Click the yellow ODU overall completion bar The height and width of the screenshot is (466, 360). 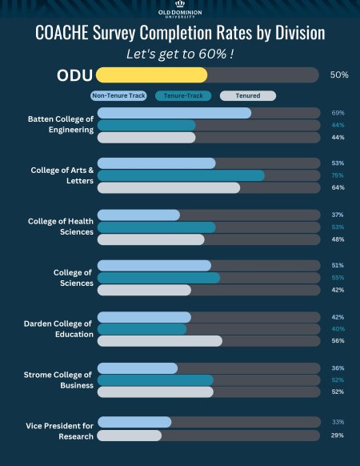tap(151, 74)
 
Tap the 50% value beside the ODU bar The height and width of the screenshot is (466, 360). tap(339, 74)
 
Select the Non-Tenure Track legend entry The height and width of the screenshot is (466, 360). tap(119, 96)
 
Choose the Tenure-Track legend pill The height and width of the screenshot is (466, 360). tap(183, 96)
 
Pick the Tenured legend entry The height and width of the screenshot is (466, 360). tap(247, 96)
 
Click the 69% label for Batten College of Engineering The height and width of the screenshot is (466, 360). tap(338, 113)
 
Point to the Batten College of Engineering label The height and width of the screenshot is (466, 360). tap(61, 125)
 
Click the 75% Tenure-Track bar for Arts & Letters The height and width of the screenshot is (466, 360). tap(181, 175)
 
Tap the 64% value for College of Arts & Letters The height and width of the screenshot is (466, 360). tap(338, 188)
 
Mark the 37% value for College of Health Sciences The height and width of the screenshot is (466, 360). tap(338, 215)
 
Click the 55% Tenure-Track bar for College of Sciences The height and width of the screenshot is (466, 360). tap(158, 278)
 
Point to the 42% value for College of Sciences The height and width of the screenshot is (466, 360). tap(338, 290)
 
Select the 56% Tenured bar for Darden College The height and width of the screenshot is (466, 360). tap(159, 341)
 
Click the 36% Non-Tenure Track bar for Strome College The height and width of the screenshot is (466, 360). tap(138, 368)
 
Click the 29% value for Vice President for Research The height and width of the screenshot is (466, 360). tap(338, 435)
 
